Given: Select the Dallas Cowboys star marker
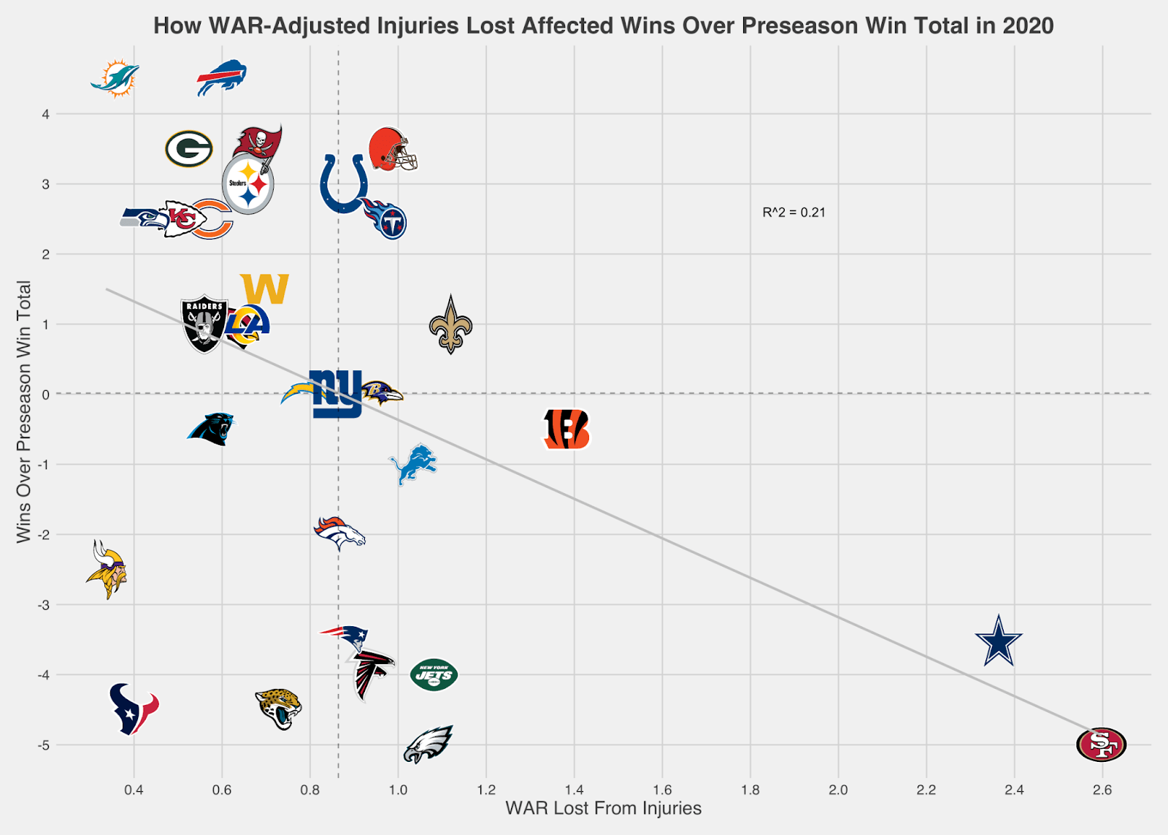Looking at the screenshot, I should pos(999,641).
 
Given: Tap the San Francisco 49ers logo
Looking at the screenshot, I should pos(1102,744).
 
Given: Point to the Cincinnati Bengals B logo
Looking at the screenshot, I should pos(566,429).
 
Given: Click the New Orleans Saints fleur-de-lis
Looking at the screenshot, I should pos(450,326).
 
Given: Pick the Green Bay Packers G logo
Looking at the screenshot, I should pos(188,149).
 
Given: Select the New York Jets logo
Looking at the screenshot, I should pos(434,675).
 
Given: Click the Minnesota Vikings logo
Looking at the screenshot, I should pos(107,570).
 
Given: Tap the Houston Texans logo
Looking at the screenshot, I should pos(133,709).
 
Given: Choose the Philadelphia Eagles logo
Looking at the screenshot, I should pos(429,744).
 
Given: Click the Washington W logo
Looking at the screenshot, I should pos(264,289).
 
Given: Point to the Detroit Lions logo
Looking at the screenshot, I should pos(413,464).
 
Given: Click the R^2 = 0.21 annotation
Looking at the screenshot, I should pos(794,213).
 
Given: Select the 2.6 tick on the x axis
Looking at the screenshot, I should pos(1102,790).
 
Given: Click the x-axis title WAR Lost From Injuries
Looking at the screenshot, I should pos(603,809).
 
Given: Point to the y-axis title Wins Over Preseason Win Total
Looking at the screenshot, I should pos(23,411).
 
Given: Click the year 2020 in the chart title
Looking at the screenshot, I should pos(1028,26).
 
